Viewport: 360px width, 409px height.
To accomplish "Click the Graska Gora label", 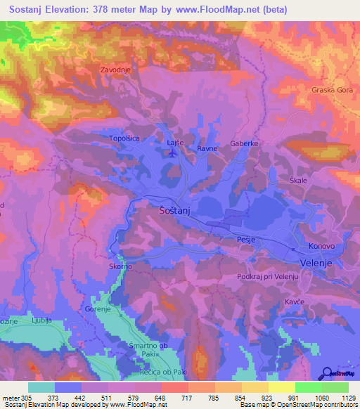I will [330, 90].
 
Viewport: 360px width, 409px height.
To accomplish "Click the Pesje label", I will [246, 240].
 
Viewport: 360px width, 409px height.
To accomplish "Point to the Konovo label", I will [322, 247].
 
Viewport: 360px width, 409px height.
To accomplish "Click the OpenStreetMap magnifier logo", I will [326, 373].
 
